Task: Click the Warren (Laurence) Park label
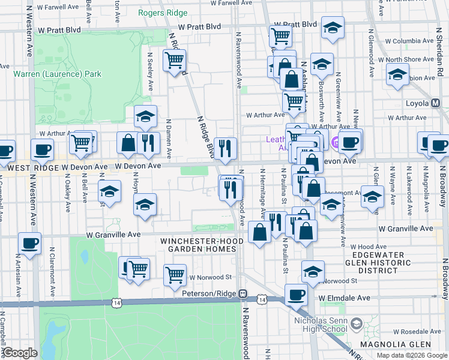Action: (58, 74)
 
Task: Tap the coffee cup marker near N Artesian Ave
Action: (29, 243)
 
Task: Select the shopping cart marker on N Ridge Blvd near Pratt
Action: (174, 60)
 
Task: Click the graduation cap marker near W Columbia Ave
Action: (333, 28)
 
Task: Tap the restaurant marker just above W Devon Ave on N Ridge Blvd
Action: (225, 148)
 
